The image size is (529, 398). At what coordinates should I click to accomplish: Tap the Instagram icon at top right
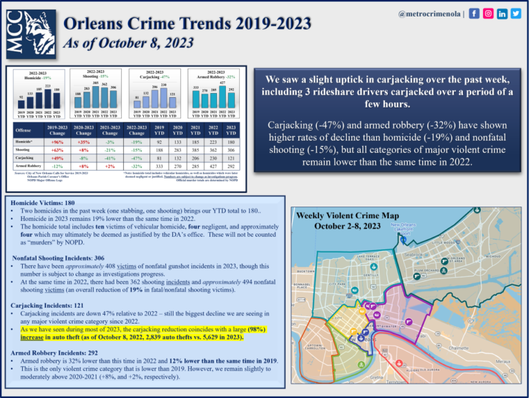point(488,14)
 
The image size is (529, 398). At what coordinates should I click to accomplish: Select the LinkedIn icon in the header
point(501,14)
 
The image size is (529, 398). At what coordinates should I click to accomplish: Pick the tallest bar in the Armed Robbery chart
point(222,94)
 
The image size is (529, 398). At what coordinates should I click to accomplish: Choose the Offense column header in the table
point(24,130)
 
